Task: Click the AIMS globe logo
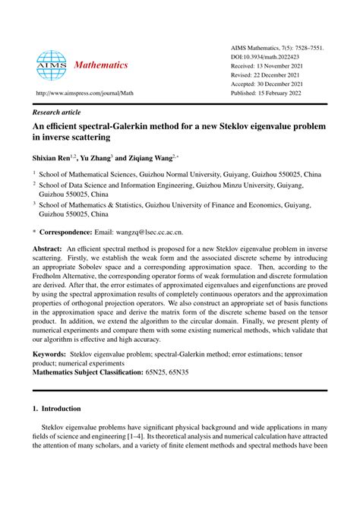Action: point(51,65)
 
